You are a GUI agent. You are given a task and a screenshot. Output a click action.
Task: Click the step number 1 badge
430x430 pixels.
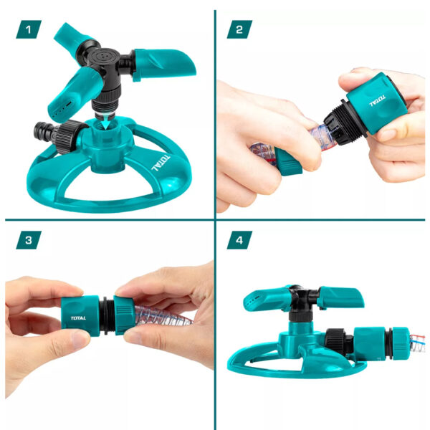pos(29,29)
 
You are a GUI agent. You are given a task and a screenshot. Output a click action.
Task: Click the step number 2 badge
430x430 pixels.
pos(239,29)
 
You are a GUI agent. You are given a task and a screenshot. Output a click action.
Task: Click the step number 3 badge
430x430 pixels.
pos(29,240)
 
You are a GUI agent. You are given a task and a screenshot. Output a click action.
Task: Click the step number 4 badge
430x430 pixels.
pos(239,240)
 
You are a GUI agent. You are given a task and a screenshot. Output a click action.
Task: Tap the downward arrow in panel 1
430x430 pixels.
pos(105,122)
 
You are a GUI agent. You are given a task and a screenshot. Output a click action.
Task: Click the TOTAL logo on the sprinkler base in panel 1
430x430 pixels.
pos(161,163)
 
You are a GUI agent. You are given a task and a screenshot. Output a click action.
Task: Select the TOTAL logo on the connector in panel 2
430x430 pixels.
pos(378,100)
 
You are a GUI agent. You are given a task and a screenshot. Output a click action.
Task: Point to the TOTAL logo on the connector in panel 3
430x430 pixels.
pos(78,318)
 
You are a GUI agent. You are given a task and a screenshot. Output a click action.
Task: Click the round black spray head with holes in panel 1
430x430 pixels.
pos(105,56)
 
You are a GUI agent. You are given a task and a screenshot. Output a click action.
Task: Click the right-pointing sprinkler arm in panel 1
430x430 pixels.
pos(163,65)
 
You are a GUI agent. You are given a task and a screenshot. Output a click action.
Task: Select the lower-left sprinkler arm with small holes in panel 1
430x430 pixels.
pos(72,95)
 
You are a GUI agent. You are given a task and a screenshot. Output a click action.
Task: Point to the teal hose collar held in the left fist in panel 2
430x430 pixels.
pos(288,163)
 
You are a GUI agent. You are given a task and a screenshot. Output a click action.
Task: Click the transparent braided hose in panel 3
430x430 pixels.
pos(163,316)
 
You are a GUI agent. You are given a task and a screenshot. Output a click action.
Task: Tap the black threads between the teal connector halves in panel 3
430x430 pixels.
pos(107,316)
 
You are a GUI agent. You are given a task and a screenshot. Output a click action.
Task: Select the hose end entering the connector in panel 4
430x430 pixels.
pos(417,343)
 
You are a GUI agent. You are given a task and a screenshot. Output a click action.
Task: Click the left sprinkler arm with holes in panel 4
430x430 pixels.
pos(267,300)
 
